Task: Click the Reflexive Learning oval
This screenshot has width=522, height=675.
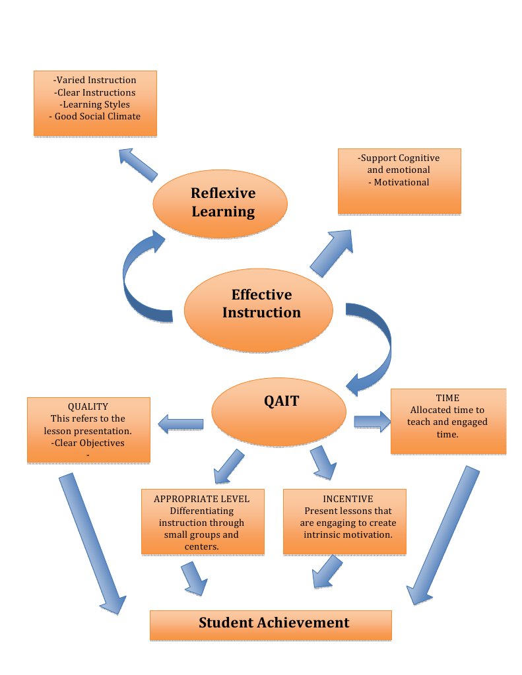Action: (220, 203)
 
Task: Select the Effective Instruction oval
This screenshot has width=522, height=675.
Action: (259, 310)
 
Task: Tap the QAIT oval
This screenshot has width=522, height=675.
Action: (279, 412)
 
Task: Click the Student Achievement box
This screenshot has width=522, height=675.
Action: (271, 625)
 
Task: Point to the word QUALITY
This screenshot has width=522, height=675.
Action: (88, 406)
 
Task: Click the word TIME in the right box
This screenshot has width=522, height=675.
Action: (447, 398)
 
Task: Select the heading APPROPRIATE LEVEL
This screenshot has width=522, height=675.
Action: (201, 499)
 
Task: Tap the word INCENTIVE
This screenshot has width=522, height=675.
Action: (348, 499)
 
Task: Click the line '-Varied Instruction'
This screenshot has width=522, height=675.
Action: (95, 80)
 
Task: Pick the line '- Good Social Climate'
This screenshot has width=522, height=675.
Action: (95, 116)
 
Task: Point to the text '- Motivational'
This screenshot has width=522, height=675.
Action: (399, 182)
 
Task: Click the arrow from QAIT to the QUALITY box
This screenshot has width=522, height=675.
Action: (180, 424)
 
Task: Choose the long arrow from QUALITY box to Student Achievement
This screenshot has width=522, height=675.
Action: (91, 544)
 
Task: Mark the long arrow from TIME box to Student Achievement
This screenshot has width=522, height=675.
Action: (443, 535)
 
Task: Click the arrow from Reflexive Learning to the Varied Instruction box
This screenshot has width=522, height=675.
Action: (138, 165)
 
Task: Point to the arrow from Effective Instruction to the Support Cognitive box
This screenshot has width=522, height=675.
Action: (331, 253)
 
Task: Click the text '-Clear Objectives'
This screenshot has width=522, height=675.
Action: (88, 443)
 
